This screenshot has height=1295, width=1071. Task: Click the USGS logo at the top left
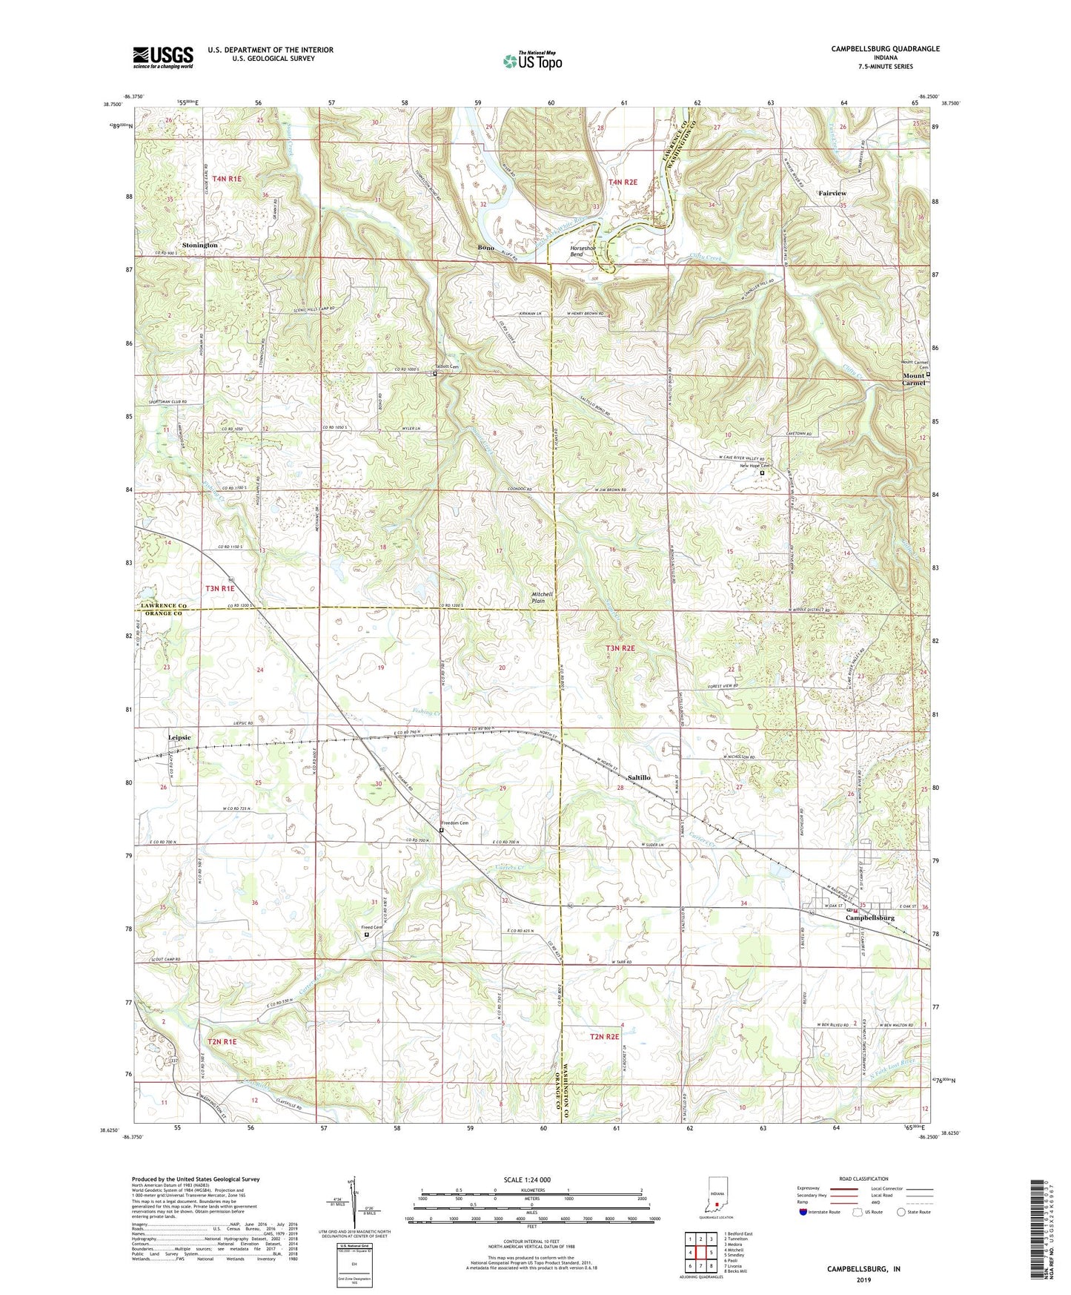point(163,56)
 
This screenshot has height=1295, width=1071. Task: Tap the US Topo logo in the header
point(532,62)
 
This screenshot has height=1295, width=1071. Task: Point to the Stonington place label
point(200,245)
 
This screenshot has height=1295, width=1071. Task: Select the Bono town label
point(486,248)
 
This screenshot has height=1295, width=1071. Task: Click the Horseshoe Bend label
point(582,251)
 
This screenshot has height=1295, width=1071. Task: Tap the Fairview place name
point(832,193)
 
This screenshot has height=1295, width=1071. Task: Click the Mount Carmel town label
point(914,380)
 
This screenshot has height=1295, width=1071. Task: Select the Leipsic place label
point(179,737)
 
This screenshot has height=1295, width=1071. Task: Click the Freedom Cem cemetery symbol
point(441,831)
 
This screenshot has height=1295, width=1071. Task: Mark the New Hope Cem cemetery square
point(762,472)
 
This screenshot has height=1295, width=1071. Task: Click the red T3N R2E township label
point(620,648)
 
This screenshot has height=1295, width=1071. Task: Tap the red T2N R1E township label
point(222,1041)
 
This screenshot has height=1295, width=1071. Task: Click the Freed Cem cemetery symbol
point(366,935)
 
